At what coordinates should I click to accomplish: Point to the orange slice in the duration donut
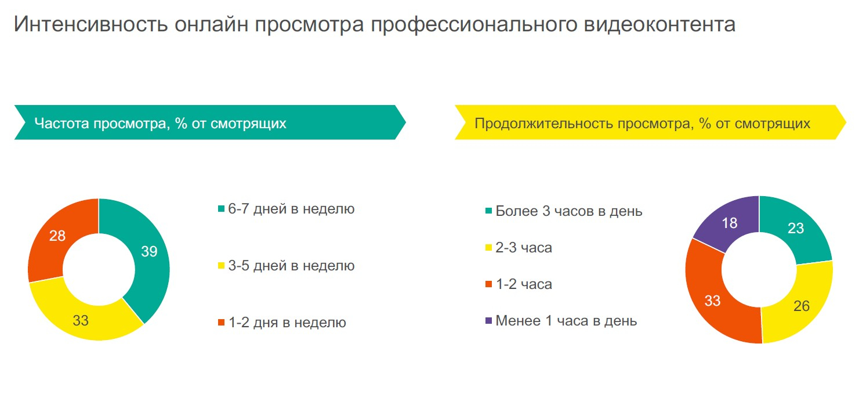pos(713,299)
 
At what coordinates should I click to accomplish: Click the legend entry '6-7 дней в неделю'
pos(287,209)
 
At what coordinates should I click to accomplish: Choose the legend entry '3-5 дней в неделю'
pos(287,266)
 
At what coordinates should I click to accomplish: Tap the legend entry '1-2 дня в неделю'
pos(282,323)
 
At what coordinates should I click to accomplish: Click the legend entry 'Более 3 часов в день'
pos(564,211)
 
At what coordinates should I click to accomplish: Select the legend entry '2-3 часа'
pos(519,248)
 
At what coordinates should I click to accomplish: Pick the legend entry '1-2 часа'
pos(519,284)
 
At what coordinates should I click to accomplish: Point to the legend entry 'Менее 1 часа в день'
pos(561,321)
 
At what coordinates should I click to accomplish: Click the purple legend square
pos(488,321)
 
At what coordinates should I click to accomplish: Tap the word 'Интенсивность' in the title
pos(91,24)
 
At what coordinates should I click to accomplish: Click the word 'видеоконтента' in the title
pos(660,24)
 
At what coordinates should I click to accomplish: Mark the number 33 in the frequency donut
pos(81,320)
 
